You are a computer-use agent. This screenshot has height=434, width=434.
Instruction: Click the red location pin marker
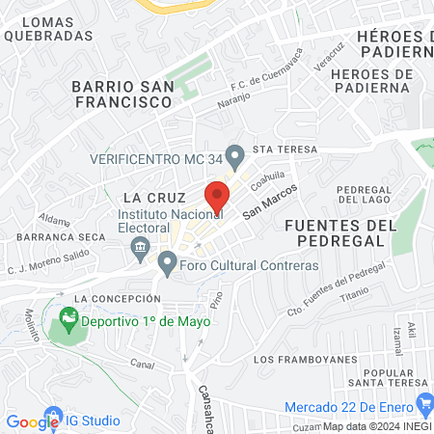(x=218, y=197)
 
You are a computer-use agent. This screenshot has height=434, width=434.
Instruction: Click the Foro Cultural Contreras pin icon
(x=167, y=262)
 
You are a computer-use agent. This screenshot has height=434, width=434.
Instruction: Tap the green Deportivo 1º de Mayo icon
(x=68, y=316)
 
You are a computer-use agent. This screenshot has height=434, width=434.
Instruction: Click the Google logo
(x=33, y=421)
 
